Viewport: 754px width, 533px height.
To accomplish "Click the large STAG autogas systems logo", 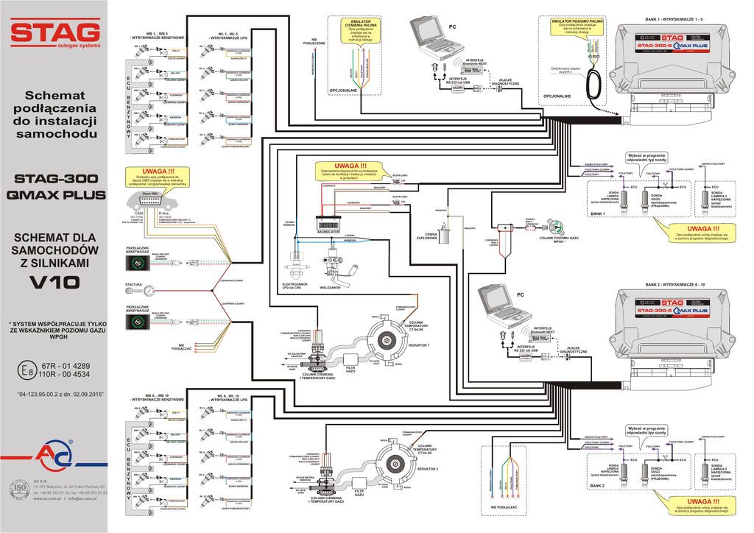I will coord(55,34).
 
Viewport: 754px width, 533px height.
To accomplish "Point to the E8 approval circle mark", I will coord(29,370).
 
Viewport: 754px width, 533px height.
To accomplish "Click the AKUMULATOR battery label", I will coord(328,230).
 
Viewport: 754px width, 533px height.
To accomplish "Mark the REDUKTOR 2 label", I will coord(427,468).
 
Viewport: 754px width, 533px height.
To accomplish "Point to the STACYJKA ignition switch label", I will coord(133,283).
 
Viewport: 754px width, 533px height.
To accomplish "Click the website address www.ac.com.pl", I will coord(48,498).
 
